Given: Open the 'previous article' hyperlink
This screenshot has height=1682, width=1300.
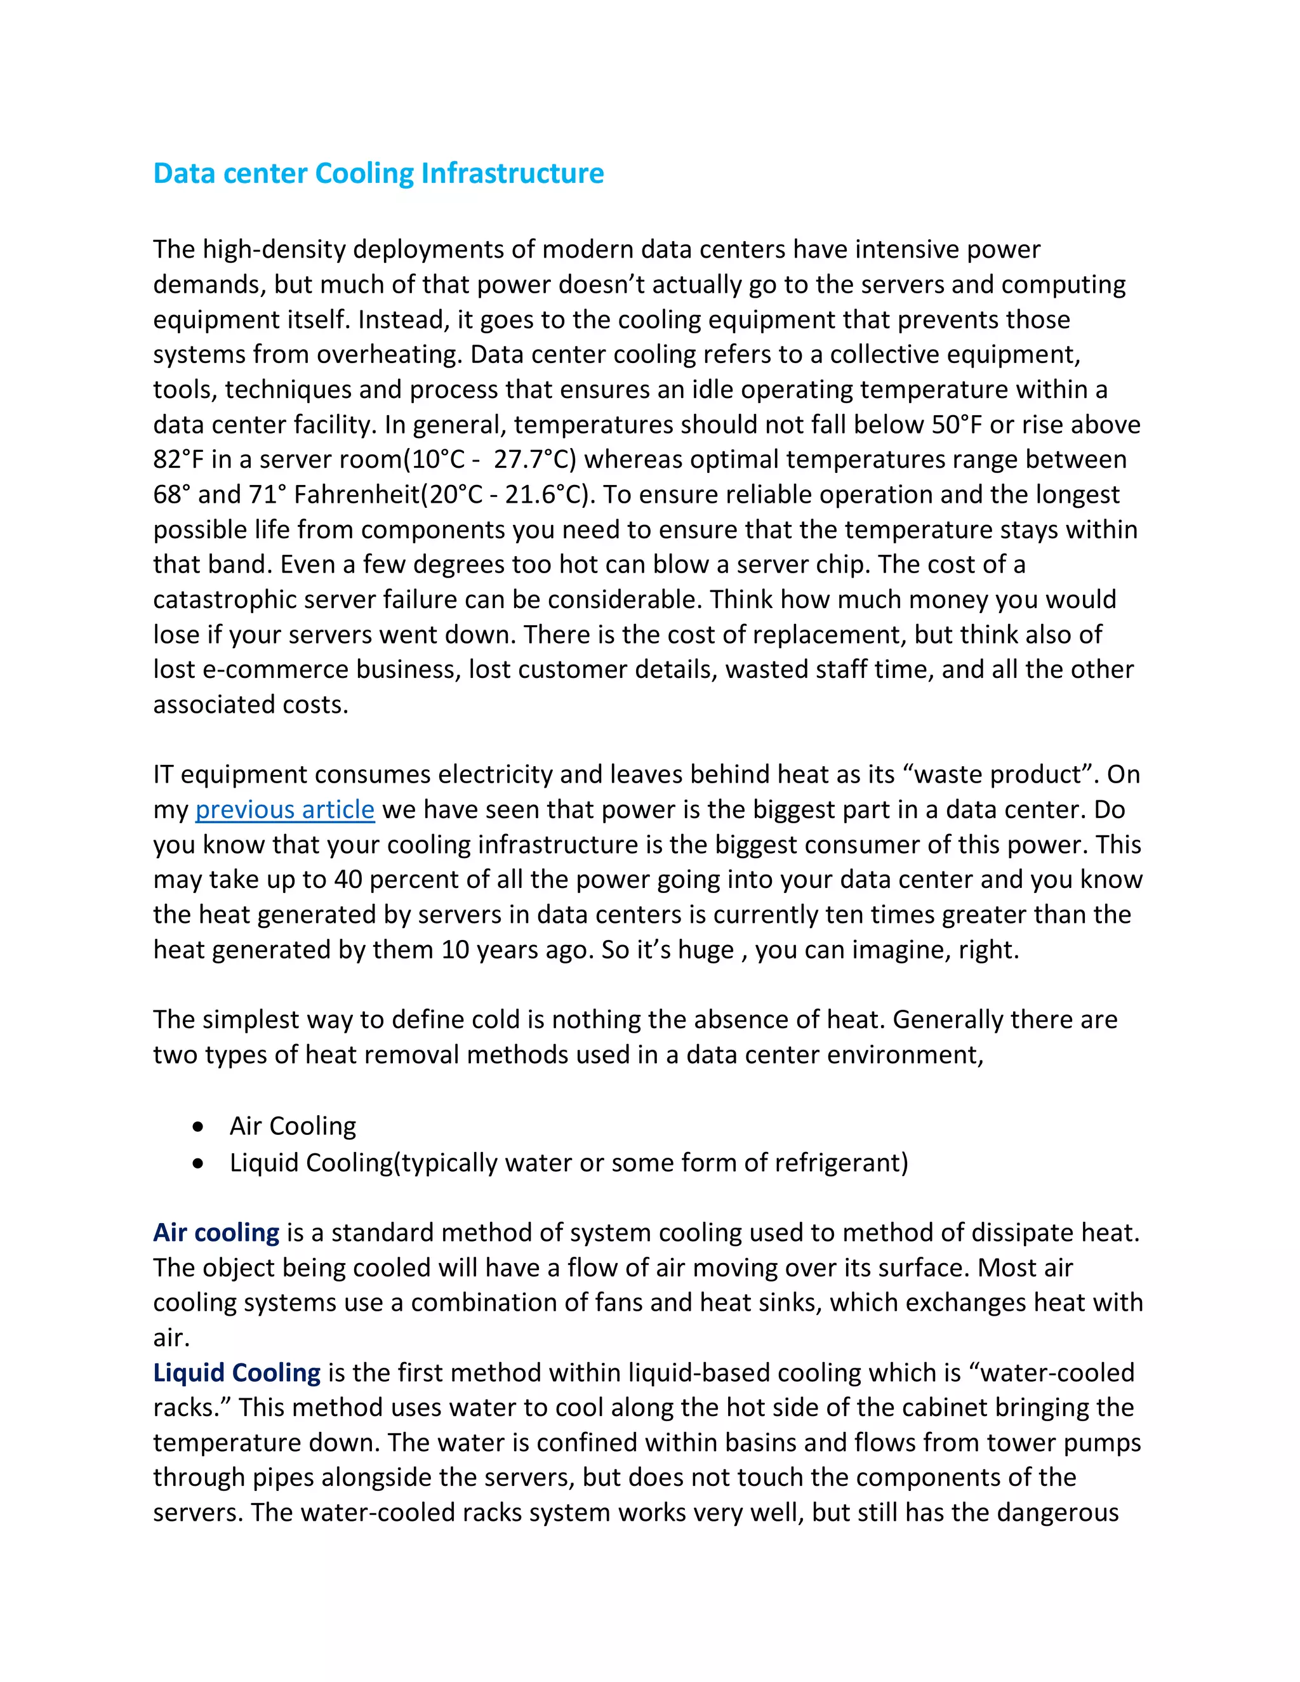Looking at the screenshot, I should [284, 809].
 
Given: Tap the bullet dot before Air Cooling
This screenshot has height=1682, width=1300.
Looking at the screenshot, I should [199, 1127].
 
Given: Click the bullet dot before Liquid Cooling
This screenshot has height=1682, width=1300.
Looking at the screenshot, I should [199, 1163].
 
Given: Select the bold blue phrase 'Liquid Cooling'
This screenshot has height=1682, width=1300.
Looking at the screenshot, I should [236, 1372].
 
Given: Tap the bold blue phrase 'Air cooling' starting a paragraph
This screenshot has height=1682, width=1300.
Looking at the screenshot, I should [216, 1232].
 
